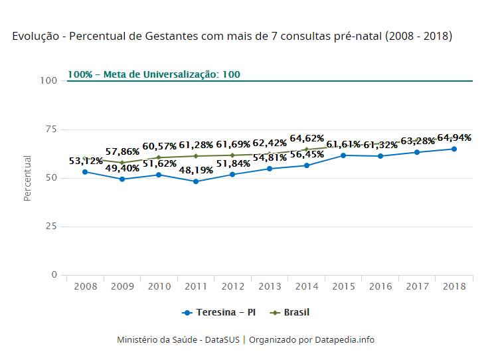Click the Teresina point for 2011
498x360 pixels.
pyautogui.click(x=196, y=181)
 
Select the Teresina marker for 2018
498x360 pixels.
pyautogui.click(x=454, y=149)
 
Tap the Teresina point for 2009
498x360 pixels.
pyautogui.click(x=122, y=179)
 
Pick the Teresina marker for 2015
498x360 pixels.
pyautogui.click(x=343, y=155)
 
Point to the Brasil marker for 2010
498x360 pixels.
pyautogui.click(x=159, y=157)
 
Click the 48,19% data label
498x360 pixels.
pyautogui.click(x=195, y=169)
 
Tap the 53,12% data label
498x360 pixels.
pyautogui.click(x=86, y=161)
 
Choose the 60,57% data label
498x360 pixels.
pyautogui.click(x=159, y=146)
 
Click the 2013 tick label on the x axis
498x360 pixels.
pyautogui.click(x=270, y=286)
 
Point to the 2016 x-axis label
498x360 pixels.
pyautogui.click(x=380, y=286)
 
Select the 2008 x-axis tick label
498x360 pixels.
pyautogui.click(x=86, y=286)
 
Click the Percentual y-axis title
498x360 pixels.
pyautogui.click(x=28, y=178)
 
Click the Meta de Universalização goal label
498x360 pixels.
pyautogui.click(x=154, y=74)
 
